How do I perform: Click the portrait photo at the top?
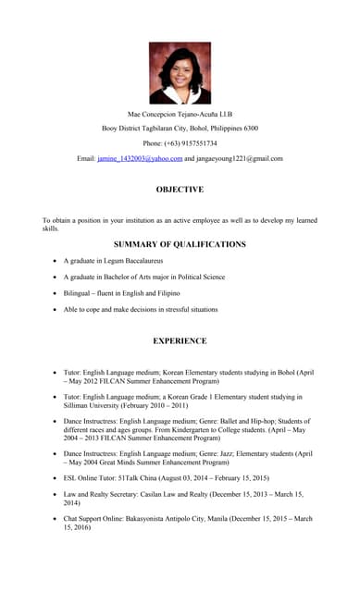tap(180, 72)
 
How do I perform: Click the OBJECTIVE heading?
tap(180, 190)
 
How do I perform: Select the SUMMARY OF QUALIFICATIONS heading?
tap(180, 244)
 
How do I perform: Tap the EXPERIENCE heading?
tap(180, 340)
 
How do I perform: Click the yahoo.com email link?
tap(140, 158)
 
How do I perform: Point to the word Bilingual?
tap(81, 293)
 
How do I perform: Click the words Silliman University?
tap(96, 405)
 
